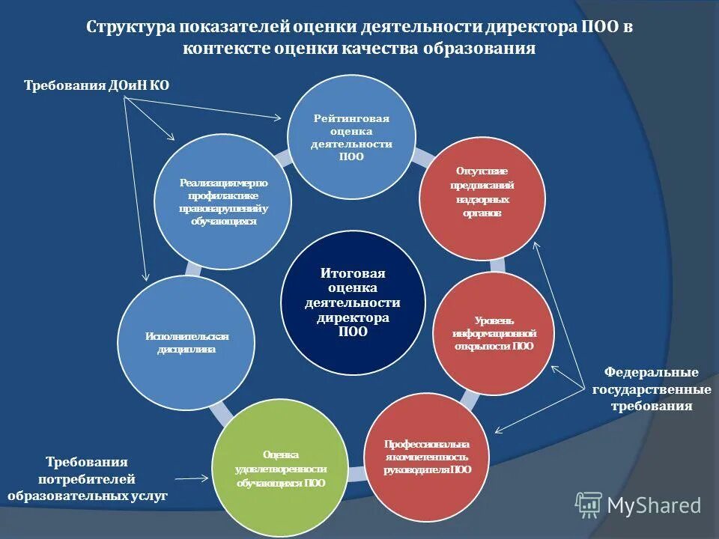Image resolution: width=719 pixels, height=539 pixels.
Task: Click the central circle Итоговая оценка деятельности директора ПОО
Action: [x=354, y=303]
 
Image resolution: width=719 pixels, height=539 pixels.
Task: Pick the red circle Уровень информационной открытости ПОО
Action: [x=494, y=333]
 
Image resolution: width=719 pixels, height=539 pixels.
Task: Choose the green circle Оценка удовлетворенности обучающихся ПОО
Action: [x=281, y=468]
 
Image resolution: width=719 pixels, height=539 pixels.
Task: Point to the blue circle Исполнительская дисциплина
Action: [x=186, y=342]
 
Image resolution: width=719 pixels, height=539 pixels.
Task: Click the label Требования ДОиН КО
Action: [x=97, y=85]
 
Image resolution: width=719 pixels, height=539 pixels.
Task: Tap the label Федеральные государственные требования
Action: [x=651, y=389]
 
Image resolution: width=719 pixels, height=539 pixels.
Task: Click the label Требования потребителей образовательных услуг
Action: [x=87, y=479]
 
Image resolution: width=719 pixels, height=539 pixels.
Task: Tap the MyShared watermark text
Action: [x=653, y=505]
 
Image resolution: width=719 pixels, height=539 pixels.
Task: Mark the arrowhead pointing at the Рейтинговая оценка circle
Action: [x=279, y=117]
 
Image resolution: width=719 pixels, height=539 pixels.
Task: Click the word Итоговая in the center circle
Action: [x=353, y=273]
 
